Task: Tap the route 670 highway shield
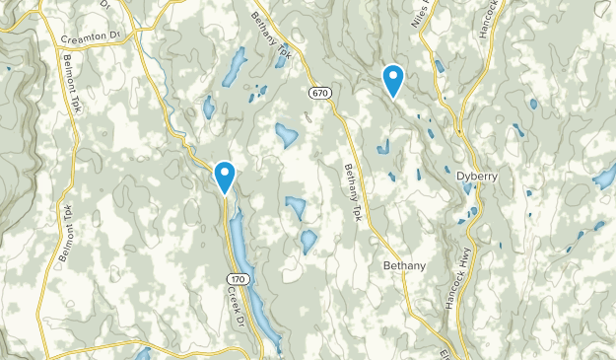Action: [x=316, y=93]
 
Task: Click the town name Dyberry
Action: [x=477, y=176]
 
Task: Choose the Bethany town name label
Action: [x=405, y=266]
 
